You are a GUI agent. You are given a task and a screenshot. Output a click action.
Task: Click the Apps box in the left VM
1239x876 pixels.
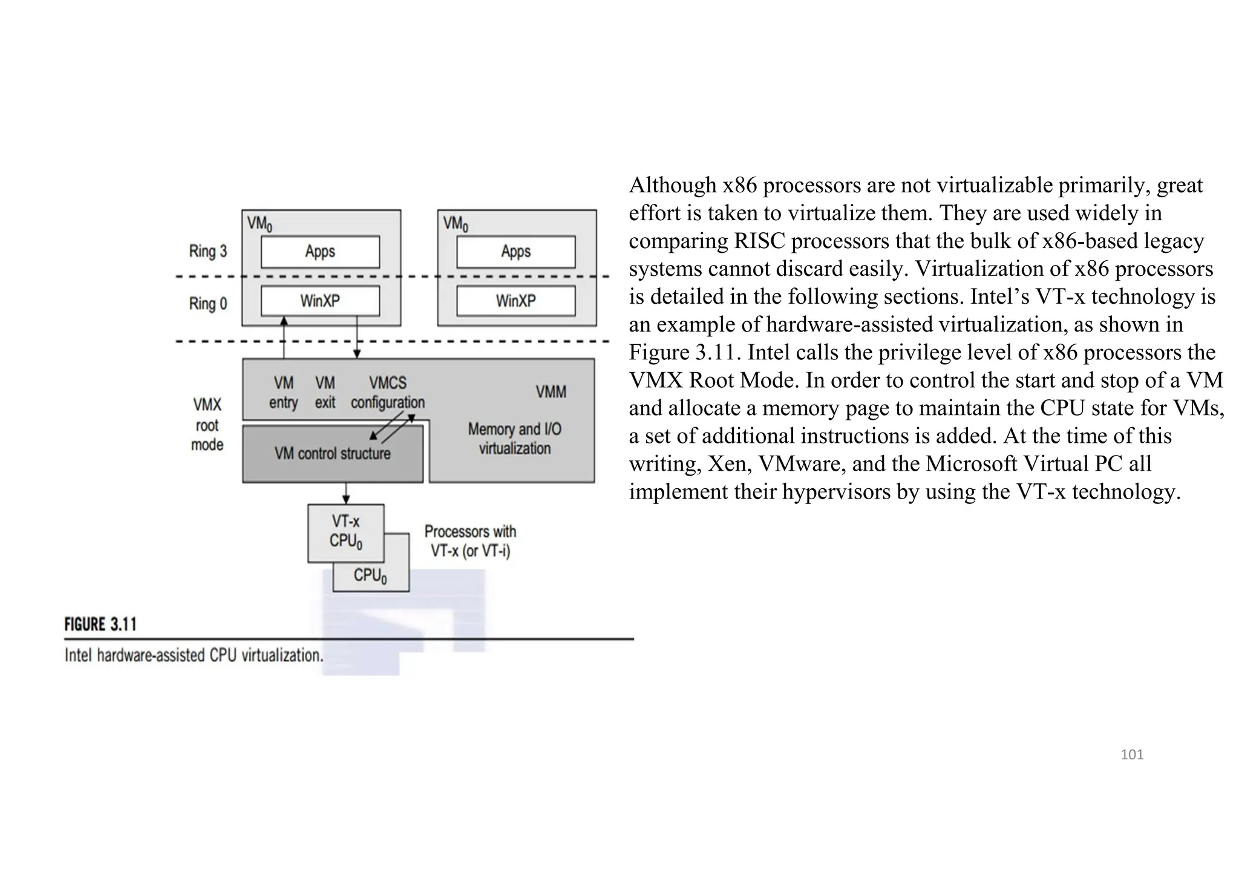320,252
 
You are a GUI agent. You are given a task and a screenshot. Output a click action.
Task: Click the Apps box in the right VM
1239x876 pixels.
515,252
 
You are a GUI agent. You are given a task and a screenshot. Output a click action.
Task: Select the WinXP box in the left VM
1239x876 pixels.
320,301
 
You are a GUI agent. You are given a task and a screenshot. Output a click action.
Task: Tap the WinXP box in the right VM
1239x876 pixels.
515,301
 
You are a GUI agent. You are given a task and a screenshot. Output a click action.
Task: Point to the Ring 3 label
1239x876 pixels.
208,251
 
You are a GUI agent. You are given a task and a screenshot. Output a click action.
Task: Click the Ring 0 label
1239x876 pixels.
208,303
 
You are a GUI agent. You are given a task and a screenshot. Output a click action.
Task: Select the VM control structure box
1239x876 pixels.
332,454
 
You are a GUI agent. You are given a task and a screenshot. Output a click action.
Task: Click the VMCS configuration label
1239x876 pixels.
388,393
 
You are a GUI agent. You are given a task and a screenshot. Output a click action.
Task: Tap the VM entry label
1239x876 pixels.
283,393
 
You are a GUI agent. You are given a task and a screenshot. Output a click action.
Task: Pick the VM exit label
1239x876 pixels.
325,393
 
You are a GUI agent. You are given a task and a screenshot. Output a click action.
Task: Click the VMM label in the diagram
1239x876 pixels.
551,392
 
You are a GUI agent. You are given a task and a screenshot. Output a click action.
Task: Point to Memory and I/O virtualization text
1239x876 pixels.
515,439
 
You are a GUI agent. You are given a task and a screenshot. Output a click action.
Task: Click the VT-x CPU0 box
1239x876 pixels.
345,532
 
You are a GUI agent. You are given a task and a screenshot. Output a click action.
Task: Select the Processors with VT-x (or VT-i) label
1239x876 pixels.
470,541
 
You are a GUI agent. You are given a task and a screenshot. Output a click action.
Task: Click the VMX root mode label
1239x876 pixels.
207,425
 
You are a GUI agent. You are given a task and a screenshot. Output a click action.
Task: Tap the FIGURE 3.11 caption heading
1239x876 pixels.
100,624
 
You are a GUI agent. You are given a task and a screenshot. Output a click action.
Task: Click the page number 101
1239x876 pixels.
1132,754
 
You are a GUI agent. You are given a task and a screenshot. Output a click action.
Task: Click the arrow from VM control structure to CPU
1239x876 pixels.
346,493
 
